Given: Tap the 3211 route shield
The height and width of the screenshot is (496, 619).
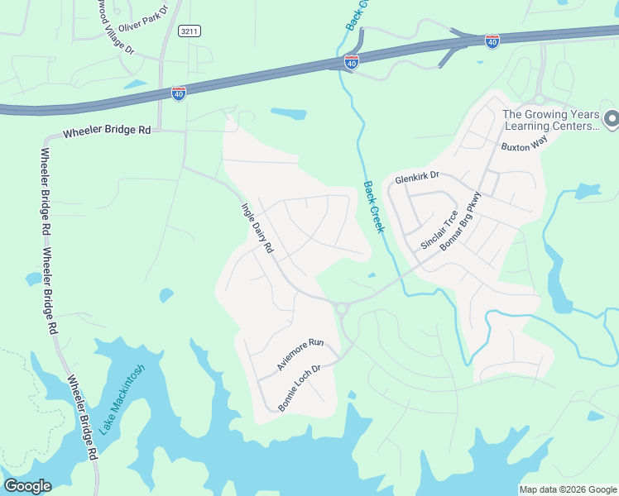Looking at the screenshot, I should pyautogui.click(x=189, y=31).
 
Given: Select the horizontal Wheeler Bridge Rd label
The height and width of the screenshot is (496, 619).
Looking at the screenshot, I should pyautogui.click(x=108, y=131).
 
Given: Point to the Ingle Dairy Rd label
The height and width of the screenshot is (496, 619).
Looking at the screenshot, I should pyautogui.click(x=257, y=228).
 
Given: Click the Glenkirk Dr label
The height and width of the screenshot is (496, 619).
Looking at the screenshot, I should pyautogui.click(x=416, y=177).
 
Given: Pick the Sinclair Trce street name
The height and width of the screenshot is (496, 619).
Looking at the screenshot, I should pyautogui.click(x=439, y=230).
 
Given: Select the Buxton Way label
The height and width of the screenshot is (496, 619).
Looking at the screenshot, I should pyautogui.click(x=525, y=145).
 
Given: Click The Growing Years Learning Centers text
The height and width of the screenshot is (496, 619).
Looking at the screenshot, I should pyautogui.click(x=549, y=121).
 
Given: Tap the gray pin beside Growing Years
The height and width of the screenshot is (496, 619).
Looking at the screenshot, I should pyautogui.click(x=612, y=120).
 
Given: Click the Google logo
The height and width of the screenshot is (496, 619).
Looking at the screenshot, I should pyautogui.click(x=27, y=486).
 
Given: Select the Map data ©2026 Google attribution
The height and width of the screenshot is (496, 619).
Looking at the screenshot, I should pyautogui.click(x=568, y=489).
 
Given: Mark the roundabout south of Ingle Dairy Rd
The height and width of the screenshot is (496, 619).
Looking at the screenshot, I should pyautogui.click(x=341, y=308).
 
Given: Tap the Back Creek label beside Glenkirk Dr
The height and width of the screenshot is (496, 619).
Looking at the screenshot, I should pyautogui.click(x=374, y=207).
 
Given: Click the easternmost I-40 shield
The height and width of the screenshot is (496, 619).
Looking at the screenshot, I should pyautogui.click(x=492, y=41).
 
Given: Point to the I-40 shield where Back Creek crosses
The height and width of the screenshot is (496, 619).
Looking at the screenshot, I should pyautogui.click(x=351, y=61).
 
